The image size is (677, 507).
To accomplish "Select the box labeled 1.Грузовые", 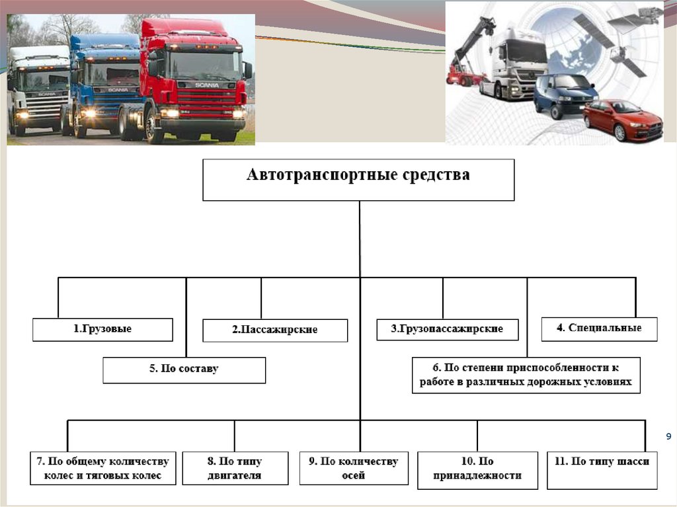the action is click(x=102, y=329).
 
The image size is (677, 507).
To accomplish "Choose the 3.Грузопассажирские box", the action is click(x=447, y=329).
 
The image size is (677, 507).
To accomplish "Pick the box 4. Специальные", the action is click(x=599, y=329).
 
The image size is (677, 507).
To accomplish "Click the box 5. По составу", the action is click(x=184, y=370).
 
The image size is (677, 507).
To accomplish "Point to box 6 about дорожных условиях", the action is click(x=526, y=375).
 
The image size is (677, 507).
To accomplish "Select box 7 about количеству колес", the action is click(x=102, y=468).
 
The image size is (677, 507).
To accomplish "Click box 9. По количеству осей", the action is click(x=353, y=468).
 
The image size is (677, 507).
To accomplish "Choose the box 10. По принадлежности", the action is click(x=477, y=469).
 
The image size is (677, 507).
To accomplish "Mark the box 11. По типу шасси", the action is click(x=602, y=469).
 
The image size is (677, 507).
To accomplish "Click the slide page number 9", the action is click(x=668, y=436).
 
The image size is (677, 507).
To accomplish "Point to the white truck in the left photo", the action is click(x=38, y=89).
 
